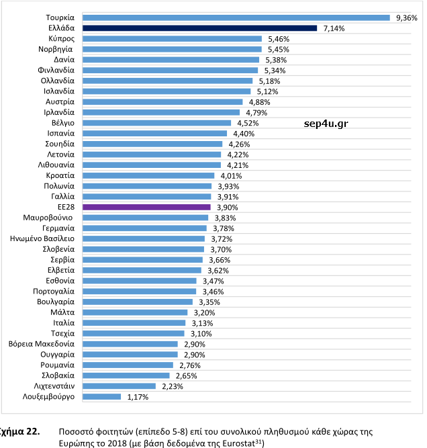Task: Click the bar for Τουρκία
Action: tap(236, 17)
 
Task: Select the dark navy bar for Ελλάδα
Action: tap(199, 28)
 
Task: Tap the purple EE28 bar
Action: tap(146, 208)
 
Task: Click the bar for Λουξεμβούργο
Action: tap(101, 397)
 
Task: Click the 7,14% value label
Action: tap(334, 29)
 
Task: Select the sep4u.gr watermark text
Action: tap(326, 123)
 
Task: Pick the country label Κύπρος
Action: tap(61, 39)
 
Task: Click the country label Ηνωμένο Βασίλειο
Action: tap(42, 239)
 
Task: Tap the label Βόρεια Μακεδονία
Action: tap(42, 344)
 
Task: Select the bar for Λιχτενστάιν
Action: tap(119, 386)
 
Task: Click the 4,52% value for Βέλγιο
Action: tap(248, 123)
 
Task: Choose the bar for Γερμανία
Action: tap(144, 228)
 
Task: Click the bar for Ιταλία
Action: tap(134, 323)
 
